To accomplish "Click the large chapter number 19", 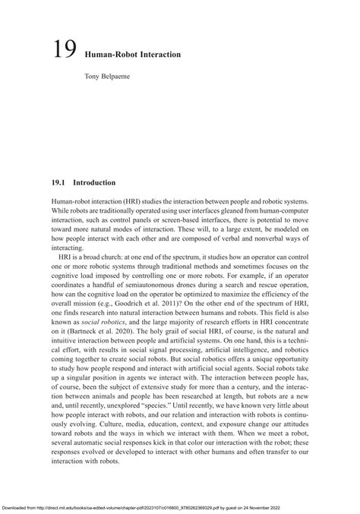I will [x=64, y=52].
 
